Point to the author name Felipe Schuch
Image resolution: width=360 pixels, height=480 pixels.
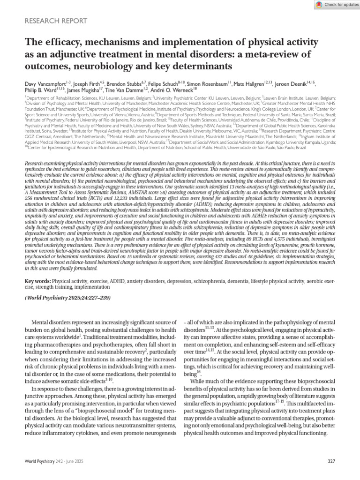click(169, 83)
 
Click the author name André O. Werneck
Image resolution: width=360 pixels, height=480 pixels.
click(171, 90)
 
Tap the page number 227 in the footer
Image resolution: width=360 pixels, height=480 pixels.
click(331, 462)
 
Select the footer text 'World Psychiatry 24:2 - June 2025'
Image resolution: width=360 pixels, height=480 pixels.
click(55, 462)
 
